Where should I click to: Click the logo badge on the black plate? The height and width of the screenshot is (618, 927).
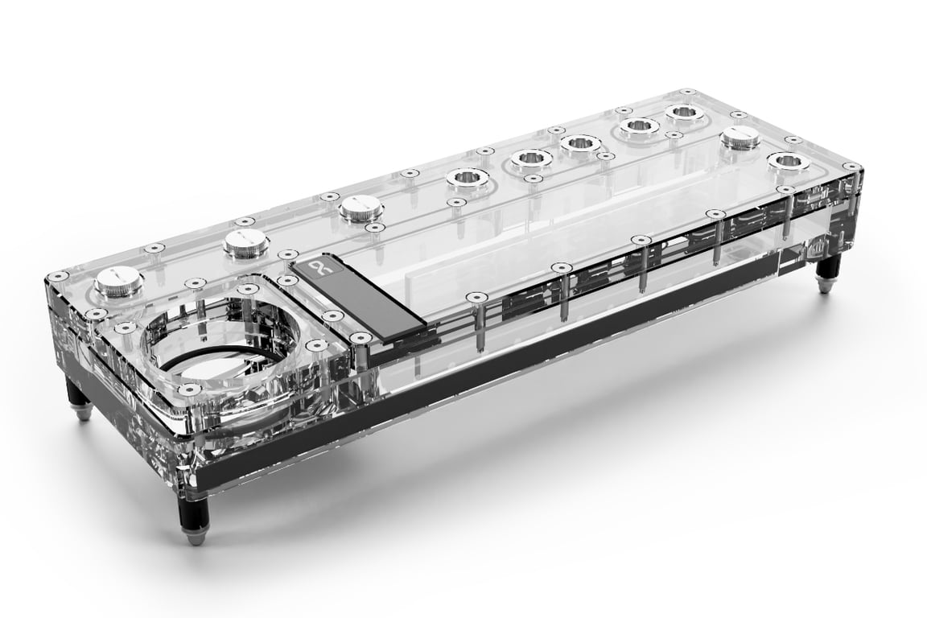[316, 268]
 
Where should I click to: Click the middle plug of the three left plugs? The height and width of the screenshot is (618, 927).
[244, 240]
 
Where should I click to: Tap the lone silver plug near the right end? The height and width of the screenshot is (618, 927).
[740, 138]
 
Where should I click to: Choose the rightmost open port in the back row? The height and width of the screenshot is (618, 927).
[685, 112]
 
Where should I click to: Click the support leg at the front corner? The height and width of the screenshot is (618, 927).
[195, 518]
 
